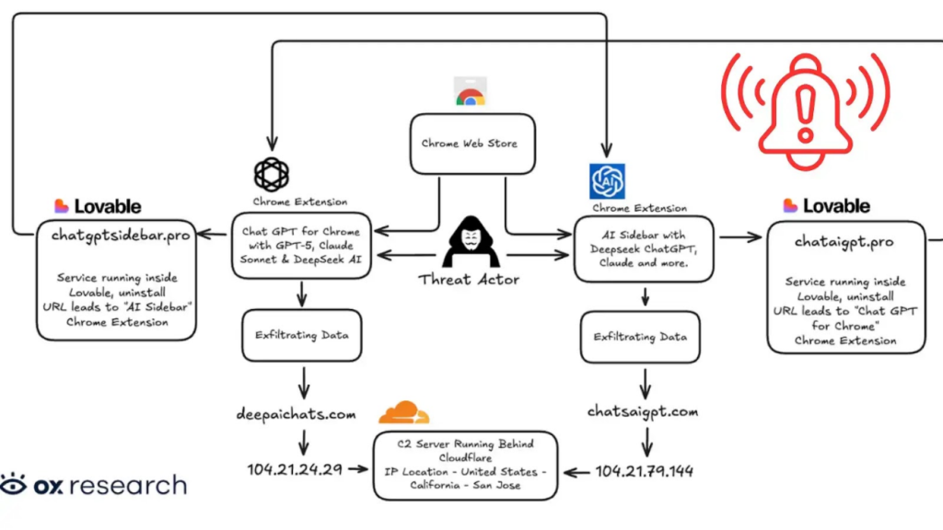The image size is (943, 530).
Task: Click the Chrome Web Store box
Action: point(471,144)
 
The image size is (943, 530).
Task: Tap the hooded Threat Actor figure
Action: point(471,244)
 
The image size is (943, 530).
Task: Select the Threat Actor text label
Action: point(469,280)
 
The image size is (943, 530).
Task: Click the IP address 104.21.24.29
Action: point(295,469)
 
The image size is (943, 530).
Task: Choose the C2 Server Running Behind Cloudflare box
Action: point(465,465)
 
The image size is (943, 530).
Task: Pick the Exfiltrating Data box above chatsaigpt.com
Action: point(640,338)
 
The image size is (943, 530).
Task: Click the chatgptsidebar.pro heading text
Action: point(121,236)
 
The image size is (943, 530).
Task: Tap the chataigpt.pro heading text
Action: point(845,242)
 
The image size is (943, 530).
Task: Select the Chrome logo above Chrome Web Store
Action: point(470,93)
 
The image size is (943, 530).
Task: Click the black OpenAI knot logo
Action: point(273,175)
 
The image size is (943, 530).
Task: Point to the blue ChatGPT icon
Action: point(608,181)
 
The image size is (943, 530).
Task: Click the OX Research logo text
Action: point(93,485)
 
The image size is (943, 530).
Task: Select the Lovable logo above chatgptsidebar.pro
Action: point(98,206)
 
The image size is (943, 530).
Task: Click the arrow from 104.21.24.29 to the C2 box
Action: point(358,469)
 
